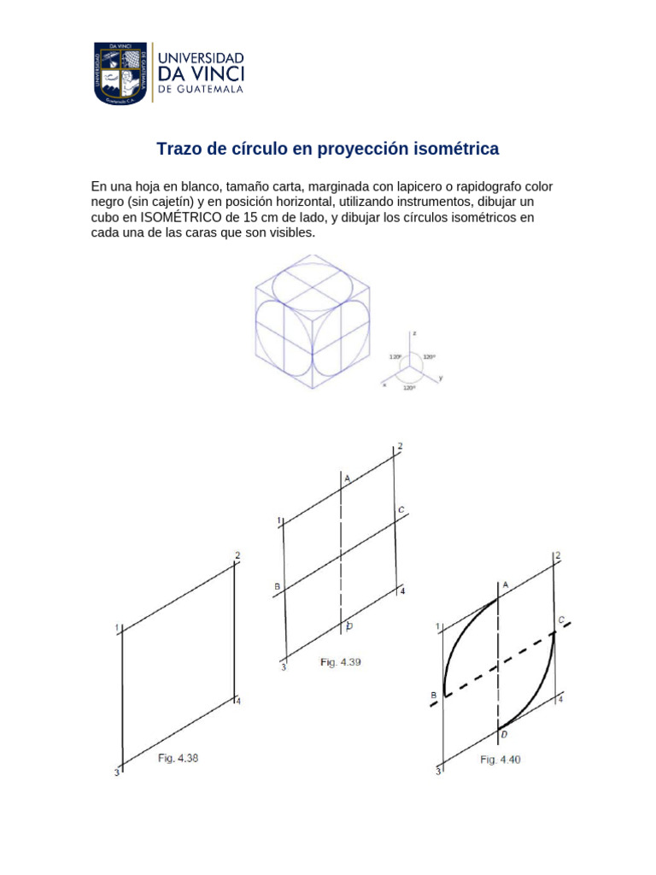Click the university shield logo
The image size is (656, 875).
click(120, 73)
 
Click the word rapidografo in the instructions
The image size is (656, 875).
click(480, 185)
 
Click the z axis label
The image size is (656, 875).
click(413, 332)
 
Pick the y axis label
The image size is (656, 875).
click(441, 377)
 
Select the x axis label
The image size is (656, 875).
click(384, 385)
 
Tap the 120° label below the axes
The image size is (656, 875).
click(409, 387)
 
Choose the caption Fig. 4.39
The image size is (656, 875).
click(341, 661)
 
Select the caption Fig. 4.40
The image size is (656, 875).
click(500, 759)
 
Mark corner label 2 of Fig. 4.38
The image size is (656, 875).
click(237, 557)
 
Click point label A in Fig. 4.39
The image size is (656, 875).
click(347, 479)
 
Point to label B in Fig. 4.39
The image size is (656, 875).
click(277, 586)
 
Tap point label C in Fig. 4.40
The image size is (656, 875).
click(561, 619)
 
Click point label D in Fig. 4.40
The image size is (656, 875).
click(505, 734)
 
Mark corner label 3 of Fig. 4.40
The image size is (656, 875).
click(438, 772)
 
